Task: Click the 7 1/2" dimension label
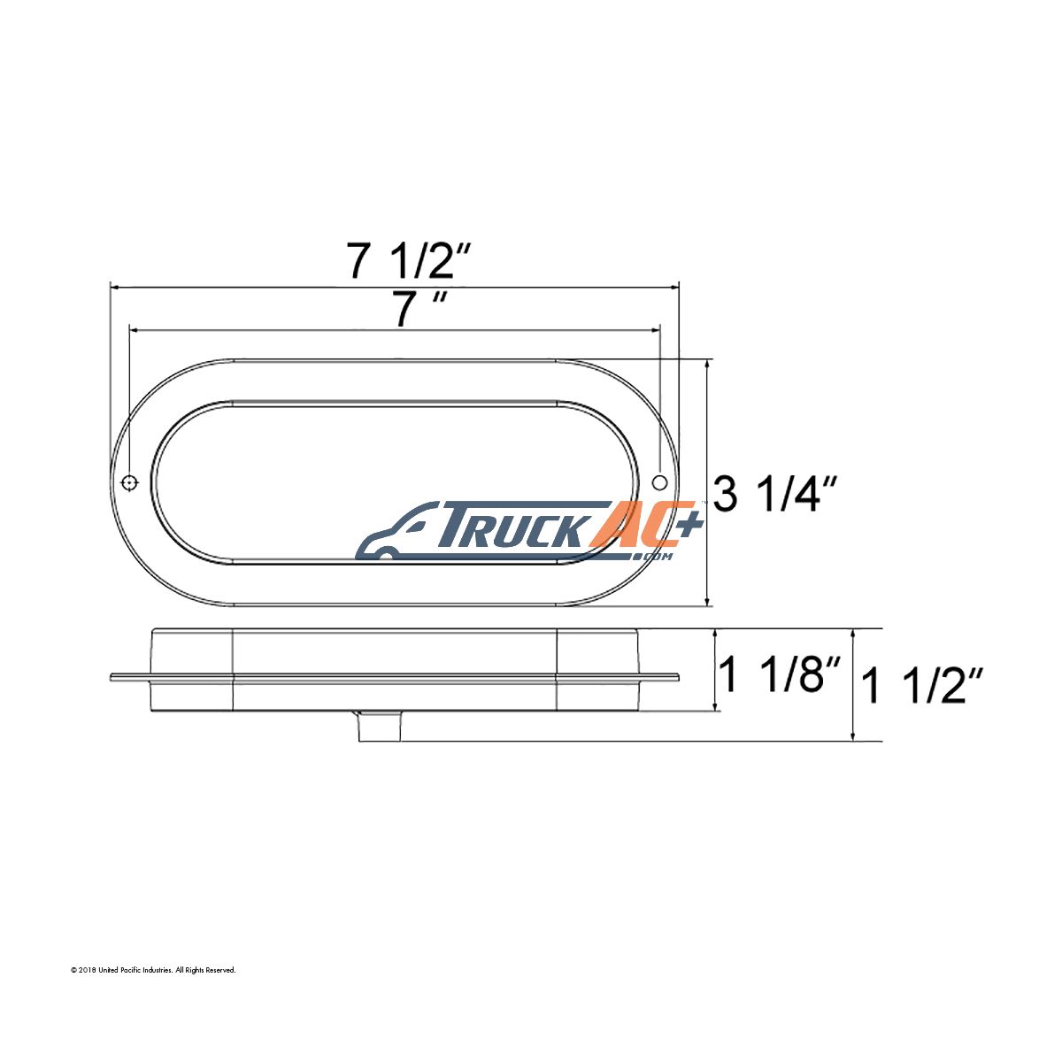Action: tap(408, 261)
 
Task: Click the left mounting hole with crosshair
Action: tap(129, 483)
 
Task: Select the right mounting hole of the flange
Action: tap(659, 482)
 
